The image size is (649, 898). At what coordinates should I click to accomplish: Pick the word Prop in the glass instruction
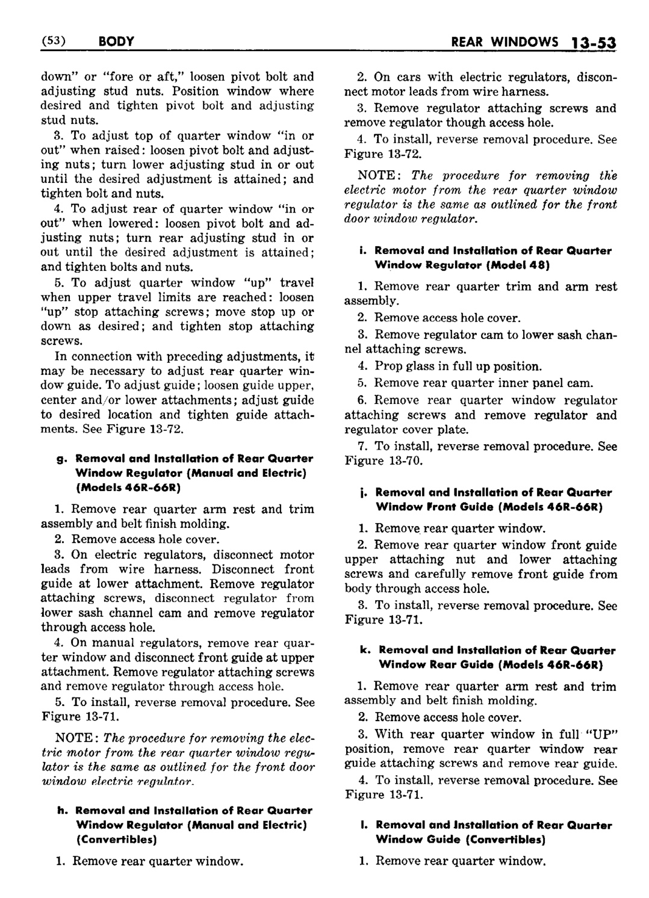[x=387, y=366]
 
